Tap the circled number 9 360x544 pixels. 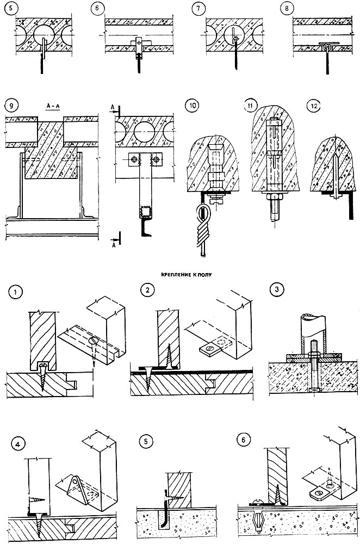click(9, 106)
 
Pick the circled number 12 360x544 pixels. click(312, 106)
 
